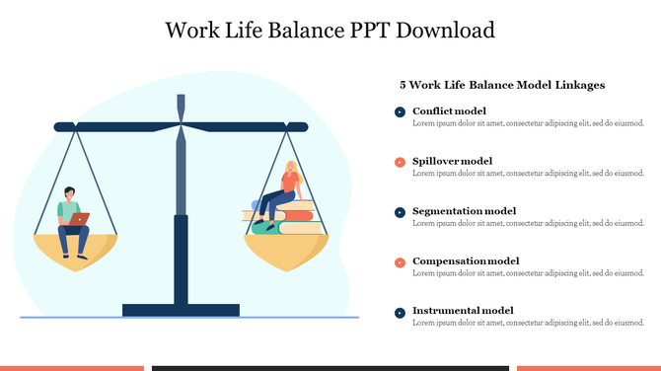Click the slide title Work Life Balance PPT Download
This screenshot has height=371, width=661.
point(330,30)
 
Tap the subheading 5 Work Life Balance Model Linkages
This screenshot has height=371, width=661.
point(501,86)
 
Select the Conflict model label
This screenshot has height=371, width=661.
point(449,111)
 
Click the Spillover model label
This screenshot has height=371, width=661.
point(452,161)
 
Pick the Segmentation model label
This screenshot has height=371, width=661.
point(464,211)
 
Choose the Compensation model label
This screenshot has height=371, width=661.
point(465,261)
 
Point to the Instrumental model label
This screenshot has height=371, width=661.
point(463,311)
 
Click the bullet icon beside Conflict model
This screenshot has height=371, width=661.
point(400,112)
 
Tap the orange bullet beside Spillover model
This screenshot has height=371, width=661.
point(400,162)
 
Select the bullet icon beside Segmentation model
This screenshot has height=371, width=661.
point(400,212)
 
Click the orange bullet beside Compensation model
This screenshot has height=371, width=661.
point(400,262)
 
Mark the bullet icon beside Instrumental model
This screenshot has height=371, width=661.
point(400,313)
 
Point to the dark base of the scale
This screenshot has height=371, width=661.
point(181,310)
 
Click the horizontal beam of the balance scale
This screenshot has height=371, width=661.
point(181,126)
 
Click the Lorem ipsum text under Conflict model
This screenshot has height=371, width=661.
point(528,123)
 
